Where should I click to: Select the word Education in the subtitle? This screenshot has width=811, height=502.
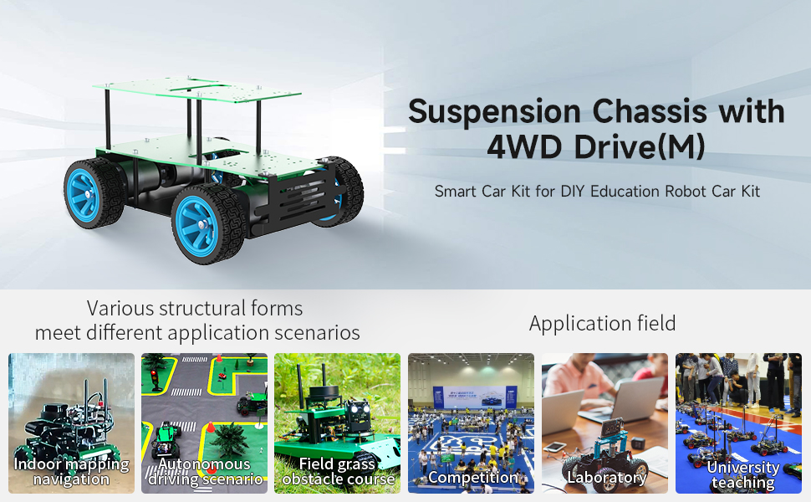624,191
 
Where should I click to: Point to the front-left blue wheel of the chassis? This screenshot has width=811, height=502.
199,223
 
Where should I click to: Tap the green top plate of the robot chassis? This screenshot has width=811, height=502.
196,92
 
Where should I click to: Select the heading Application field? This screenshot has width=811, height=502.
602,324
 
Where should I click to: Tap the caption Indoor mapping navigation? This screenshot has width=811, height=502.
71,472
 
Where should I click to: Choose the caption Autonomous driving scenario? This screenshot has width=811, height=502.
205,472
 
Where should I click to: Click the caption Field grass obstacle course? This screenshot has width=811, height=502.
338,472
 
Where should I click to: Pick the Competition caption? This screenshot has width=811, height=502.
473,478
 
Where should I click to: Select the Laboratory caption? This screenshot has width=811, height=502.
607,478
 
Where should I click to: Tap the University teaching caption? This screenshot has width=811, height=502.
742,474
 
